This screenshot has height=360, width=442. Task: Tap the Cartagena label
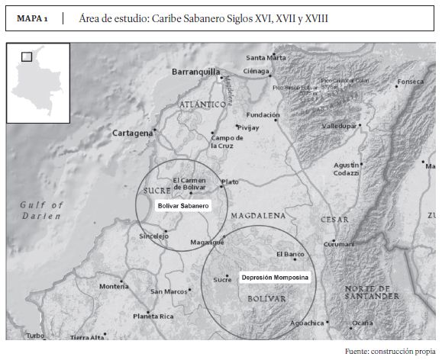[132, 133]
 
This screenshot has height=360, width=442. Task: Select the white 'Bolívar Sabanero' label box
[182, 206]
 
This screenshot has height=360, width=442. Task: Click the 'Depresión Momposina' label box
[275, 278]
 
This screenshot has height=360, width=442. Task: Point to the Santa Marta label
[266, 58]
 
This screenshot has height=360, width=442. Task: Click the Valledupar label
[340, 125]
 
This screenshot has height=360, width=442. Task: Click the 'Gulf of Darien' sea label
[41, 210]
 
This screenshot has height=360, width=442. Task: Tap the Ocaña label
[363, 323]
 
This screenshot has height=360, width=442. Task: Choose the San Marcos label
[169, 291]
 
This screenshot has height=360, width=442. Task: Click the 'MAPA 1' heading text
[32, 17]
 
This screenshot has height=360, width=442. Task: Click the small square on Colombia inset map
[26, 56]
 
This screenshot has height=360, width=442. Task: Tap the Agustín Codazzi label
[347, 169]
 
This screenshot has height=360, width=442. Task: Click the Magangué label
[207, 243]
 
